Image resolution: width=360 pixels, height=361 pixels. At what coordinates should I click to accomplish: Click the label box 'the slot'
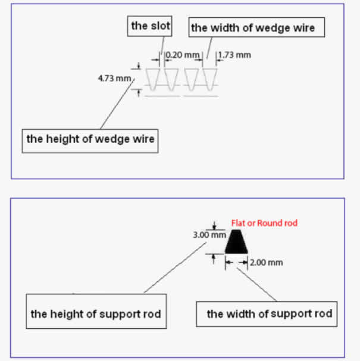tap(149, 26)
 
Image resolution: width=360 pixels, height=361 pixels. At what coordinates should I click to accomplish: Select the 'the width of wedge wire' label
tap(256, 27)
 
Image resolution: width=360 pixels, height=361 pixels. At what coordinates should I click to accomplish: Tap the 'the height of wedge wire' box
tap(90, 141)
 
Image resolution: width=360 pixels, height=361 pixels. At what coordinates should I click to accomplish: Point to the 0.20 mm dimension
tap(183, 55)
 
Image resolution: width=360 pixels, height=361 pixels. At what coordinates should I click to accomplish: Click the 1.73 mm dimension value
tap(234, 55)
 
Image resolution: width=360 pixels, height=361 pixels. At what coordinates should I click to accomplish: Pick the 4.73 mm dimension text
tap(115, 78)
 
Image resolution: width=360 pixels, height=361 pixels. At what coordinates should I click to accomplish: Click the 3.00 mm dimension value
tap(209, 235)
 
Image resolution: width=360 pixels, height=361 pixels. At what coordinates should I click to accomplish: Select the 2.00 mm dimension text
tap(267, 263)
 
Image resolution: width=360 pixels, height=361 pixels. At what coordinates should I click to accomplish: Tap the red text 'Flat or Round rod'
tap(264, 223)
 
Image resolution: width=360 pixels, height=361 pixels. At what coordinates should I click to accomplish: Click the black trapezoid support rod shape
tap(236, 242)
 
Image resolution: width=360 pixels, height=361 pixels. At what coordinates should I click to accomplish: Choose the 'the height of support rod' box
tap(96, 311)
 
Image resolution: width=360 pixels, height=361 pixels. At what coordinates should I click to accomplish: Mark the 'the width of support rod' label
tap(267, 314)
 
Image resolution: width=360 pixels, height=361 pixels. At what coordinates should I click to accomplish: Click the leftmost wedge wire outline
tap(153, 79)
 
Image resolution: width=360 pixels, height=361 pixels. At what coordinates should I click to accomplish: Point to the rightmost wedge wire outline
tap(209, 79)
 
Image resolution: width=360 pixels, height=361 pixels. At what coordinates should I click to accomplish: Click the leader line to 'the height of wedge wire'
tap(117, 104)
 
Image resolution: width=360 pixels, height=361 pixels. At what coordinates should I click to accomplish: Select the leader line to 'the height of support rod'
tap(175, 267)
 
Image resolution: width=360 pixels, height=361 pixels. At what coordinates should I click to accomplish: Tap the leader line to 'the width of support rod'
tap(256, 285)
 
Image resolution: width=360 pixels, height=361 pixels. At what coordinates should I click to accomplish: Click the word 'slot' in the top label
tap(160, 26)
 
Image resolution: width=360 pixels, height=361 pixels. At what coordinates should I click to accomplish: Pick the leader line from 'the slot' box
tap(162, 46)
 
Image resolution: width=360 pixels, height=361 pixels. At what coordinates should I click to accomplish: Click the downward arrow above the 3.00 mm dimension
tap(214, 225)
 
